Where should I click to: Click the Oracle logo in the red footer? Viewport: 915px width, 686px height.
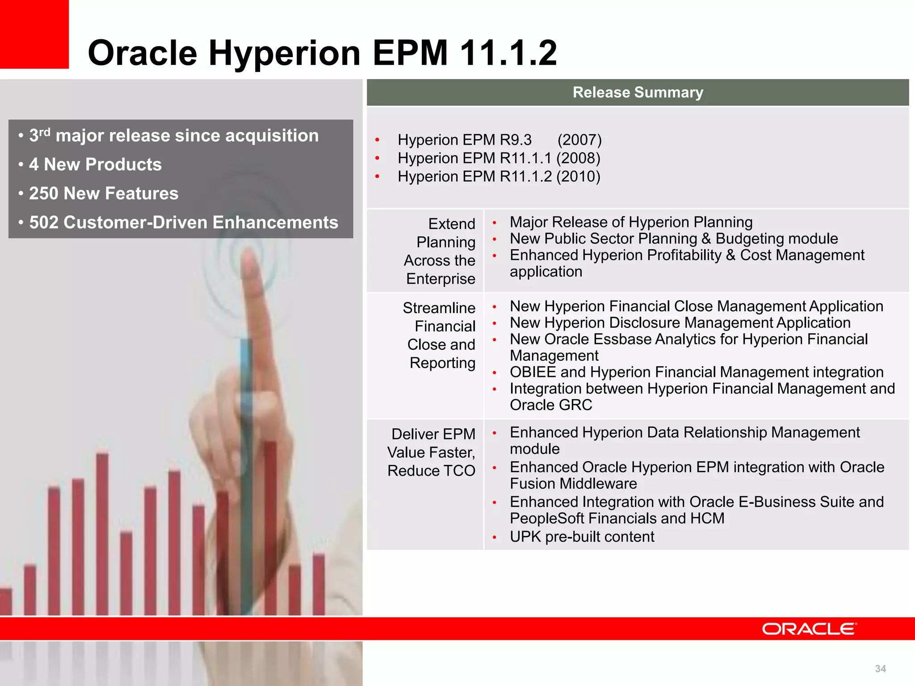(809, 629)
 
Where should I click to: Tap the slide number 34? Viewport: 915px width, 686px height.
(880, 669)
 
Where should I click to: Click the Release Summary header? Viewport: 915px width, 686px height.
(638, 92)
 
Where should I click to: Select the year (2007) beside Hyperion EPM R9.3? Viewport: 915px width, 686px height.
(579, 140)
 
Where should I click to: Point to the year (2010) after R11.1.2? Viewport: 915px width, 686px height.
(578, 176)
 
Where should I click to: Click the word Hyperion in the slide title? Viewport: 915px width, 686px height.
(284, 53)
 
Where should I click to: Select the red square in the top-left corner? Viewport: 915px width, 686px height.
(34, 34)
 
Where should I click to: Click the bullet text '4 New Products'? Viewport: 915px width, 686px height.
(95, 164)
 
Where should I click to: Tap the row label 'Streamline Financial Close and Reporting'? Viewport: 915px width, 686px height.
(440, 335)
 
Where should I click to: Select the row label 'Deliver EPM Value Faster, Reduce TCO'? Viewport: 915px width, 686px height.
(432, 452)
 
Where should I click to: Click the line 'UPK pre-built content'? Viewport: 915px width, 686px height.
(582, 536)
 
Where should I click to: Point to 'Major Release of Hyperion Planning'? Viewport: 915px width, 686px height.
(631, 222)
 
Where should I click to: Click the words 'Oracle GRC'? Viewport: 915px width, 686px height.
(550, 405)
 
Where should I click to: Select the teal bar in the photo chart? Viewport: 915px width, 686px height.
(246, 447)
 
